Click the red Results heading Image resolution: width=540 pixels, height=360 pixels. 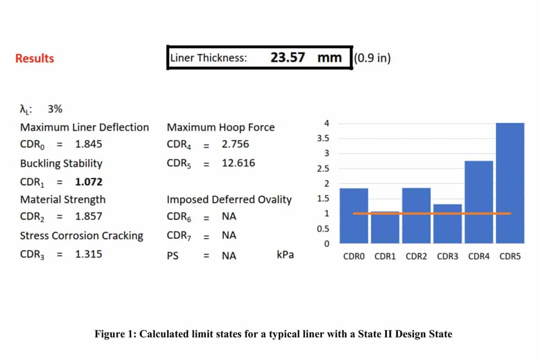[x=35, y=58]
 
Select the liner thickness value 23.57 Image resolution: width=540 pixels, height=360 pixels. [x=288, y=58]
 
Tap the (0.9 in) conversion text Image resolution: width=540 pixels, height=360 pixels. [x=372, y=58]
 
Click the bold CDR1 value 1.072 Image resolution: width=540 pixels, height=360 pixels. [x=89, y=182]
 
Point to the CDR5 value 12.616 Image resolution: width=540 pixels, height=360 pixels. [x=238, y=163]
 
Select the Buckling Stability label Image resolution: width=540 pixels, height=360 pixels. [x=61, y=163]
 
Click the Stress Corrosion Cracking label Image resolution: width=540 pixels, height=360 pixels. [x=81, y=236]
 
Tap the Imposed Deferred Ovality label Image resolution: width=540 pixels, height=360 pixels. [x=229, y=199]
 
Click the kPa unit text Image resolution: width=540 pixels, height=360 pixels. [x=285, y=255]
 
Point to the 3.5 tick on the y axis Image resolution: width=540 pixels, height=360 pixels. [x=323, y=139]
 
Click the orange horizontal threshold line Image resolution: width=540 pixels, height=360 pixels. [x=432, y=213]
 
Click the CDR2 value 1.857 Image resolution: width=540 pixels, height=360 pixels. [x=89, y=216]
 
